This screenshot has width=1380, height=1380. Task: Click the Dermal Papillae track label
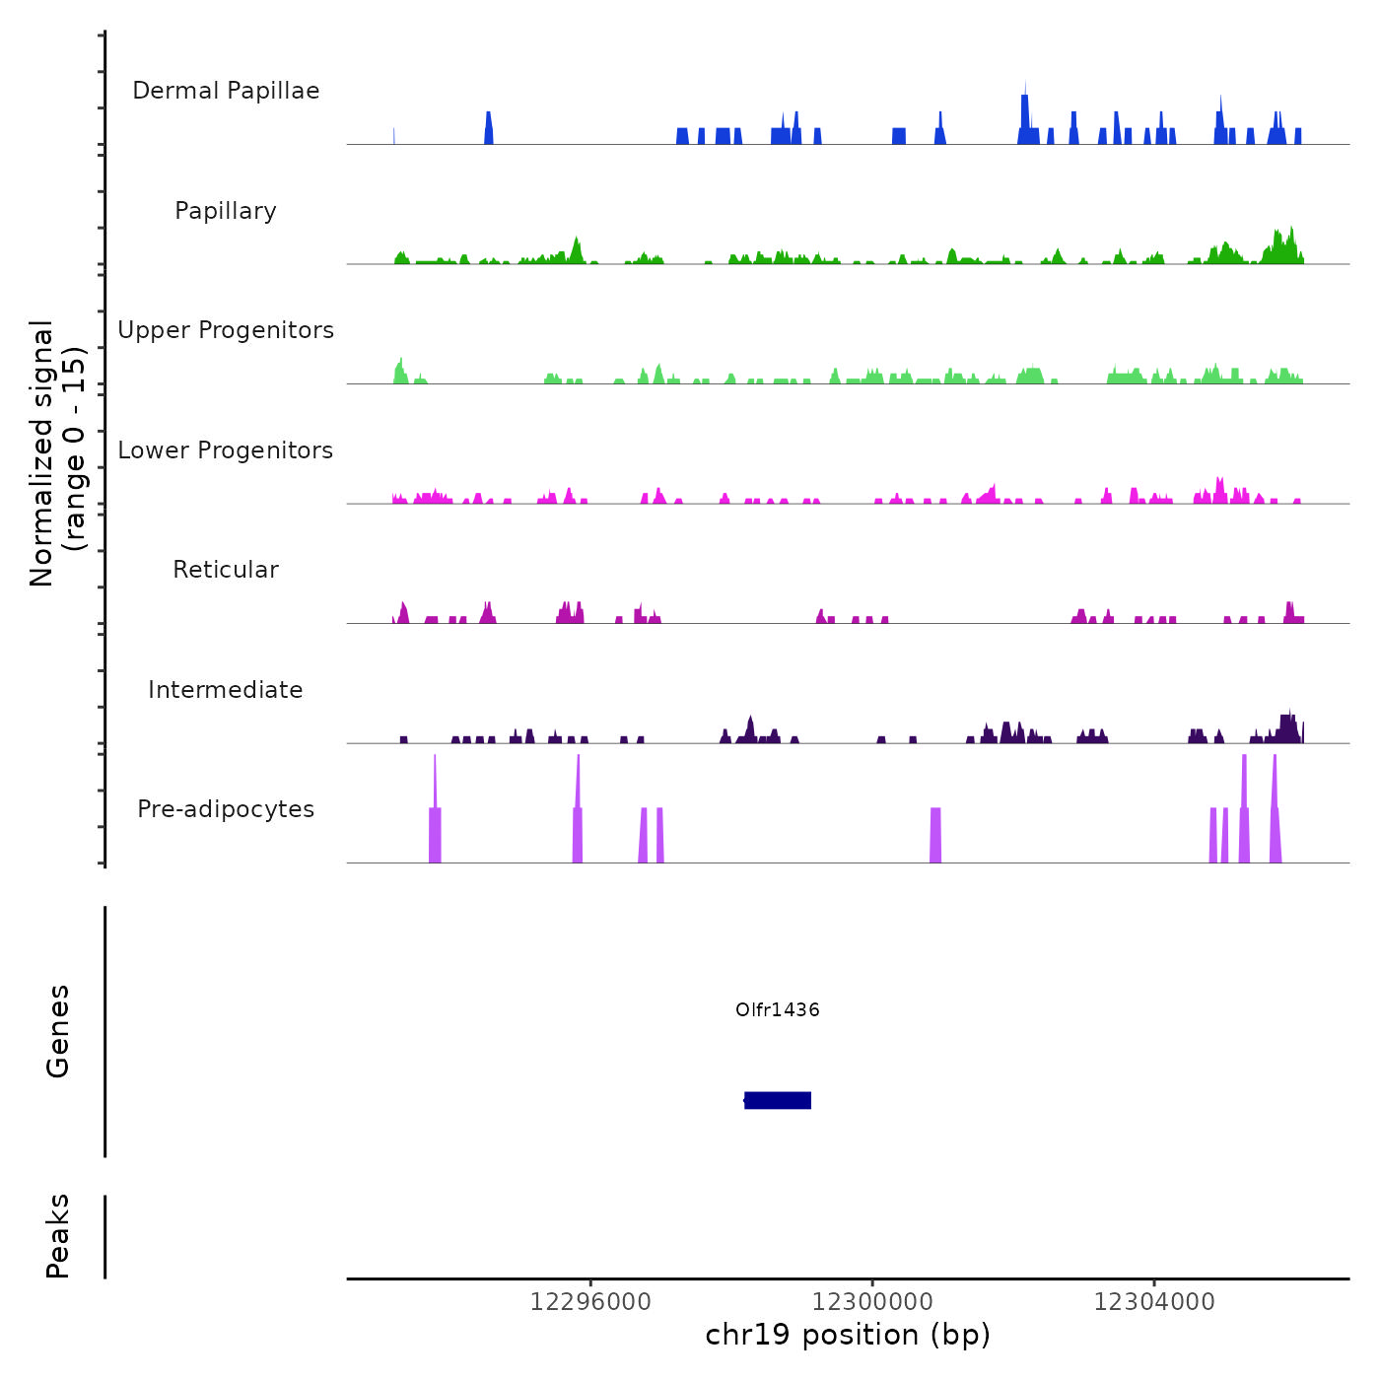(226, 91)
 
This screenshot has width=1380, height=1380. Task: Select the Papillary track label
(226, 211)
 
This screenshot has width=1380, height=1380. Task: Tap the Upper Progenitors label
(226, 330)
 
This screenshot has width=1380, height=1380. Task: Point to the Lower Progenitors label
(226, 450)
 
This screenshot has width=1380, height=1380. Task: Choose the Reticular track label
(226, 570)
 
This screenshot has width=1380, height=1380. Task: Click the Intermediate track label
(226, 690)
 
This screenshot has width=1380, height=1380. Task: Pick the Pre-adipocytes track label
(226, 809)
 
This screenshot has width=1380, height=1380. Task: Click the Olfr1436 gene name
(778, 1009)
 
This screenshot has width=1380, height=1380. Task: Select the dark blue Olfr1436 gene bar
(778, 1100)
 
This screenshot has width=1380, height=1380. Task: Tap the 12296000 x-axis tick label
(590, 1301)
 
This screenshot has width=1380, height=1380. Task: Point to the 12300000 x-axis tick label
(872, 1301)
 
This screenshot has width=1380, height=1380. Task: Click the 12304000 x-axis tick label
(1154, 1301)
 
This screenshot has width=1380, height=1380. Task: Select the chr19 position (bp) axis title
(848, 1335)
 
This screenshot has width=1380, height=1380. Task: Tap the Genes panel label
(58, 1031)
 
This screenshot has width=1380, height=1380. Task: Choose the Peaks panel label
(58, 1236)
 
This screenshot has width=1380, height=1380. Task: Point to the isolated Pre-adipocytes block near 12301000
(935, 836)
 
